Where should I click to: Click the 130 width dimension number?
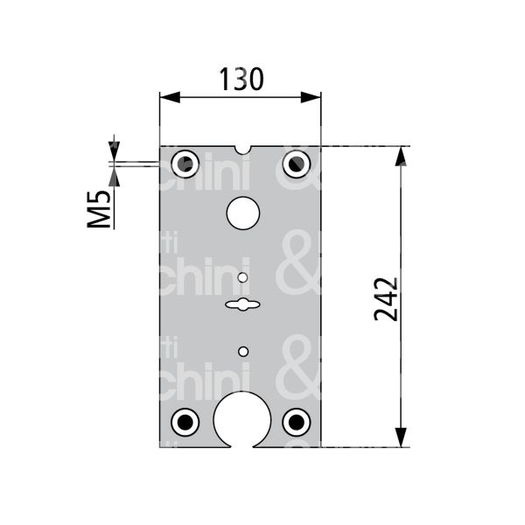click(240, 80)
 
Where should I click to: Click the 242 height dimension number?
click(387, 299)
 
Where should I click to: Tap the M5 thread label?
click(102, 211)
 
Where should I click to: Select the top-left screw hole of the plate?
click(185, 163)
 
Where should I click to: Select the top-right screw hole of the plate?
click(297, 163)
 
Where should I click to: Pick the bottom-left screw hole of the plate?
click(185, 422)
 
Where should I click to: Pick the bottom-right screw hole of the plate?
click(297, 422)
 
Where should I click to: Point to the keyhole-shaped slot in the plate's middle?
click(241, 304)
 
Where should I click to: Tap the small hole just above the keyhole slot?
click(242, 278)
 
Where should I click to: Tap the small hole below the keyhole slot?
click(242, 351)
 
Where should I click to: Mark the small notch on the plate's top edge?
click(242, 149)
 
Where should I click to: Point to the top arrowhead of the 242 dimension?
click(401, 156)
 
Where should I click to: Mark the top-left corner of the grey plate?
click(160, 147)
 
